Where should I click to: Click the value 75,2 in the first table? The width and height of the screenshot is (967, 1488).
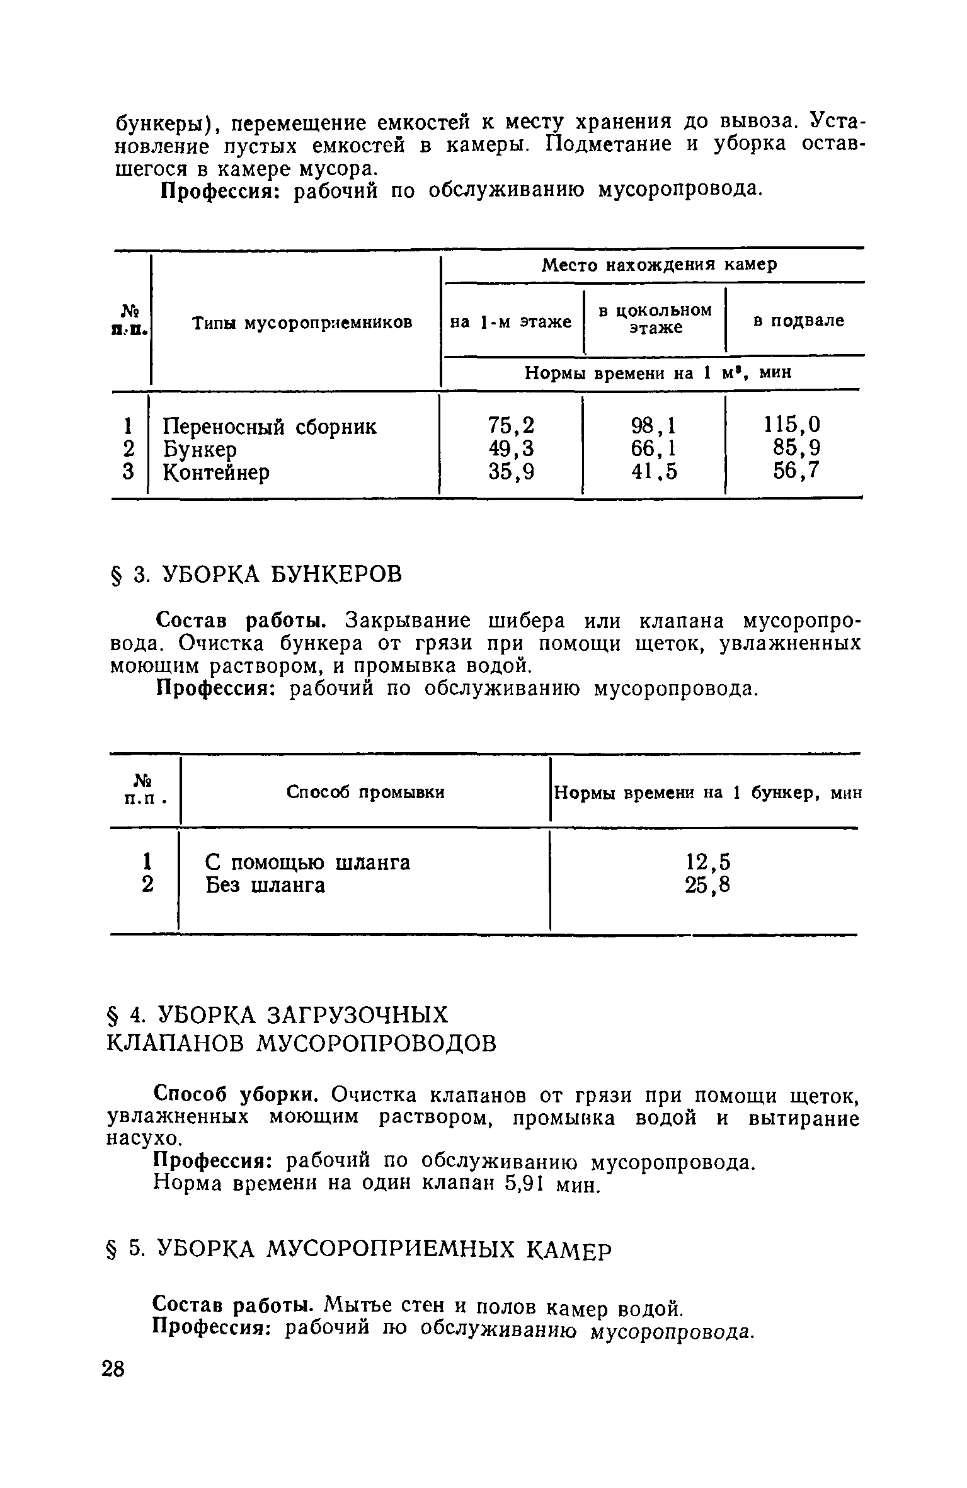click(x=511, y=426)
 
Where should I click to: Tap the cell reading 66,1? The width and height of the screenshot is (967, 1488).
click(x=653, y=449)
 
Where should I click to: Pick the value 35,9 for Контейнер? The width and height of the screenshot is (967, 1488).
click(x=511, y=471)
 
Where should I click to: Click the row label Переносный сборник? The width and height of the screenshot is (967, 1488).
click(x=270, y=426)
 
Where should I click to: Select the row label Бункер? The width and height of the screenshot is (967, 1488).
click(x=200, y=449)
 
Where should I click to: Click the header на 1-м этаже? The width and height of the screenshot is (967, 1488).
click(x=510, y=322)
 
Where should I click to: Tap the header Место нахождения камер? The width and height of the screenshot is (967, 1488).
click(x=659, y=265)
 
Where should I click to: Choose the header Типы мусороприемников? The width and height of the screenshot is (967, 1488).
click(x=302, y=323)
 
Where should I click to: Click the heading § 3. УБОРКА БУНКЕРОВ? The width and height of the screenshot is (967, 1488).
click(x=255, y=575)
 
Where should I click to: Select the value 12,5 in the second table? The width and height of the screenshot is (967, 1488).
click(x=708, y=862)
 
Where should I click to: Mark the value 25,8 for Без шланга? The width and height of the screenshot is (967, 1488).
click(x=708, y=885)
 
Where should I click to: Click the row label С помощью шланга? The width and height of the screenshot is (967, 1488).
click(x=307, y=862)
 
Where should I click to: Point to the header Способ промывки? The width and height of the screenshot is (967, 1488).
click(x=365, y=792)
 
